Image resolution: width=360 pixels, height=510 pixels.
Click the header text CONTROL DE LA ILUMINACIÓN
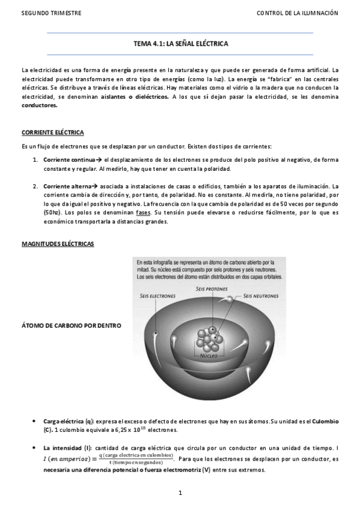(297, 13)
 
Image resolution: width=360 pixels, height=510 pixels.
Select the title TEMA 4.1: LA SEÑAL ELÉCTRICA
(180, 44)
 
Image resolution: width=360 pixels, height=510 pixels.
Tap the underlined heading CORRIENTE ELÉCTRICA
(52, 132)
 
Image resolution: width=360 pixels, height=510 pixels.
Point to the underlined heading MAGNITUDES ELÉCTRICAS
(58, 244)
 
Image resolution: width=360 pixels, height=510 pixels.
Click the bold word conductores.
(40, 105)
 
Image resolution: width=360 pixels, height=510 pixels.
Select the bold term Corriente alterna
(67, 186)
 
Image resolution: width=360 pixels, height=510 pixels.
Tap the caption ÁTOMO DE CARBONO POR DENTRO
(71, 326)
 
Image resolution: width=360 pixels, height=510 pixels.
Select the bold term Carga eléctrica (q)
(68, 422)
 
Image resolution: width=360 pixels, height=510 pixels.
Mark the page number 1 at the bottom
(180, 494)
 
